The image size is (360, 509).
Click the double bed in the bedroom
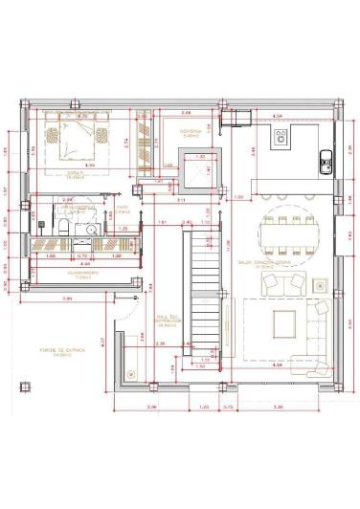pyautogui.click(x=79, y=145)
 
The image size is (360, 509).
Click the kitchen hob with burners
pyautogui.click(x=281, y=138)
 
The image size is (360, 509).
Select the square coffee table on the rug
pyautogui.click(x=284, y=321)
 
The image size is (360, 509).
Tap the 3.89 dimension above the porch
pyautogui.click(x=65, y=300)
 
